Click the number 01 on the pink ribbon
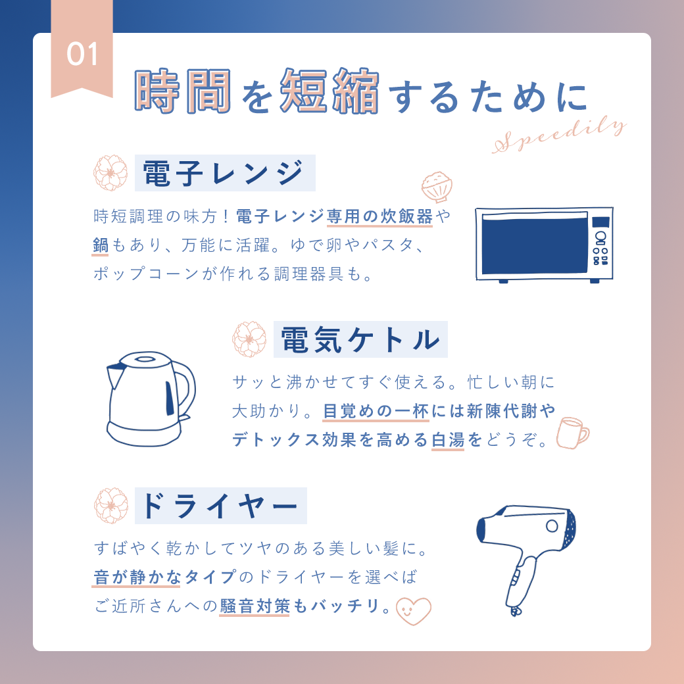(82, 55)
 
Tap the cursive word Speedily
(560, 135)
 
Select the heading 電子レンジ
(223, 173)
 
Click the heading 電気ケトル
(360, 340)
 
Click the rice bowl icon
(437, 187)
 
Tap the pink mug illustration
(572, 433)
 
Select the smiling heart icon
(413, 610)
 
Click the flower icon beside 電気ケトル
(249, 339)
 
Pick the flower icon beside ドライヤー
(111, 506)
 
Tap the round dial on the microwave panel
(600, 237)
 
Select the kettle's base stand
(145, 433)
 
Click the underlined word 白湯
(448, 440)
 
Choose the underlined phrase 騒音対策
(255, 606)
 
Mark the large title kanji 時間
(183, 91)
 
